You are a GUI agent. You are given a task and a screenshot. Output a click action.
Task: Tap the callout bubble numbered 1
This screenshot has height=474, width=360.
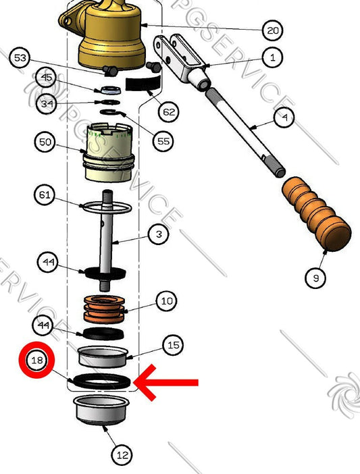[273, 57]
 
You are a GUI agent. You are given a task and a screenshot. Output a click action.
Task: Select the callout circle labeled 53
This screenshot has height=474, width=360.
[20, 59]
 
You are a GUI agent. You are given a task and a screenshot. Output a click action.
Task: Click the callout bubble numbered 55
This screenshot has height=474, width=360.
[163, 142]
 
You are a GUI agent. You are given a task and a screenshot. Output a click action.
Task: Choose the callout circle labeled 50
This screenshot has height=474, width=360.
[45, 142]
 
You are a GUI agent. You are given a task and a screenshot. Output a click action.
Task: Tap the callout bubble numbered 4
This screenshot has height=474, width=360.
[284, 118]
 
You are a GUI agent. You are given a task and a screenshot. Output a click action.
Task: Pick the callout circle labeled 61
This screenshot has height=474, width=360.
[45, 195]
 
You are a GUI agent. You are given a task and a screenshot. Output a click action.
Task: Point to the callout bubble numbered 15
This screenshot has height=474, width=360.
[174, 345]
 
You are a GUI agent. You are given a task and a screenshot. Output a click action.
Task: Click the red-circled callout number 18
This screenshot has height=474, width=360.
[36, 361]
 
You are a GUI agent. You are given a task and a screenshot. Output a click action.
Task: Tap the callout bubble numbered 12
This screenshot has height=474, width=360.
[122, 454]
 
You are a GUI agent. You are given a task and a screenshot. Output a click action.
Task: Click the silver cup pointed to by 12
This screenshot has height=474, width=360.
[102, 409]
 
